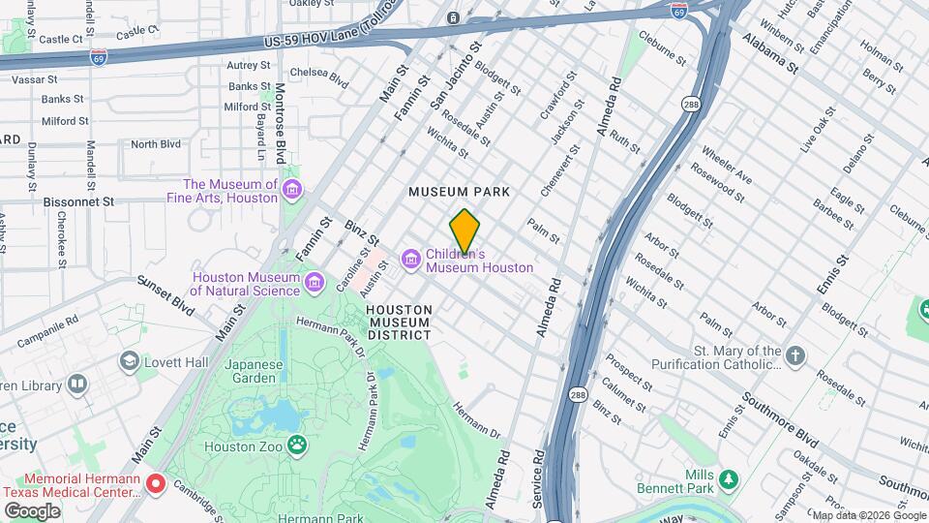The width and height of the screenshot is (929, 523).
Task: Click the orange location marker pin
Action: point(464,231)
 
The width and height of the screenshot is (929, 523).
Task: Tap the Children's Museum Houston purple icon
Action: point(410,259)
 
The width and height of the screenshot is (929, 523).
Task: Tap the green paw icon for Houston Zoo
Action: point(299,446)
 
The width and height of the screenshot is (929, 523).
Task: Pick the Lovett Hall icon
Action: point(129,361)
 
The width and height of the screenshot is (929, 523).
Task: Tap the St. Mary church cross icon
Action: point(795,356)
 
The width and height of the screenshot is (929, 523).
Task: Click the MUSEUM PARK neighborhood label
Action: point(459,193)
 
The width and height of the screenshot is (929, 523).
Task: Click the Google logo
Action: point(31,510)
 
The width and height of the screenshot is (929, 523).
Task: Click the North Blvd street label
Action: point(156,144)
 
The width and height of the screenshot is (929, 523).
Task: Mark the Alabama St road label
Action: point(770,54)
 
